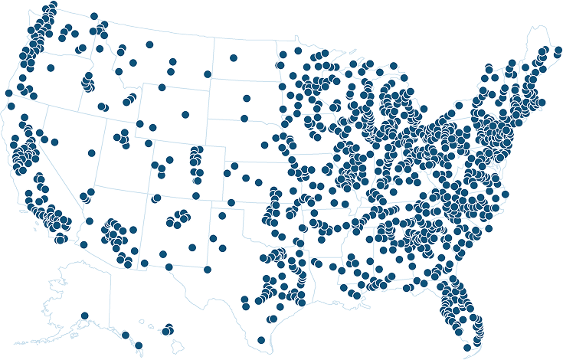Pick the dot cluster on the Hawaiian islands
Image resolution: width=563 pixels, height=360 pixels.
[167, 330]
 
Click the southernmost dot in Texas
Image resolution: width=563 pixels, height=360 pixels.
[261, 340]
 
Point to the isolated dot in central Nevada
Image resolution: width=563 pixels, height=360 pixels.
[92, 152]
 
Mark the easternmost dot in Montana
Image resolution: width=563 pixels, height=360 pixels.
[207, 74]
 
